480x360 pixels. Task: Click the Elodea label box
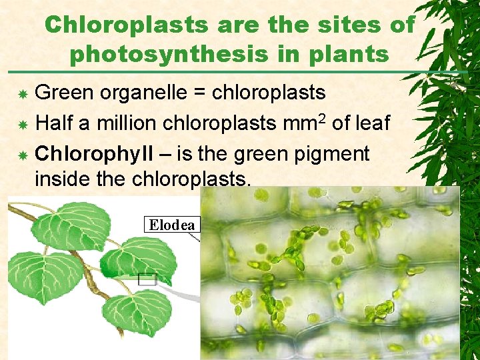pos(172,225)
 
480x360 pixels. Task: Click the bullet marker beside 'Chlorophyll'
pos(23,155)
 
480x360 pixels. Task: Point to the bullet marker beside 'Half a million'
pos(23,125)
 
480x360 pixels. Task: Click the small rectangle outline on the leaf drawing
pos(147,279)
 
